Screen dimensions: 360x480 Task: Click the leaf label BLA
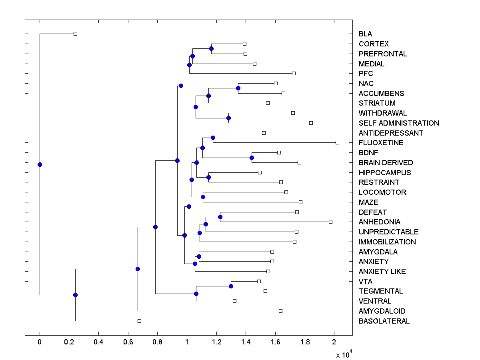(x=365, y=34)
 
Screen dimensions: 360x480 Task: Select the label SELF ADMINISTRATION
(x=399, y=123)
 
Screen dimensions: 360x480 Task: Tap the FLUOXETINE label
(x=381, y=143)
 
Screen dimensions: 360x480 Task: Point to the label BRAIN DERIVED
(x=386, y=163)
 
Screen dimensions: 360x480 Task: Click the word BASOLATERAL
(x=384, y=321)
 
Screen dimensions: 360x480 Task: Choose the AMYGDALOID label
(x=382, y=311)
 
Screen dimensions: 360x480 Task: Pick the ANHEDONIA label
(x=379, y=222)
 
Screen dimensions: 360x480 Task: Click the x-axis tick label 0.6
(x=128, y=342)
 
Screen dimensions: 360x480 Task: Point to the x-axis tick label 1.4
(x=246, y=342)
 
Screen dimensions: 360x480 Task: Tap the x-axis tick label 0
(x=40, y=342)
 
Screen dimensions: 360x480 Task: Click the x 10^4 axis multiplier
(x=343, y=354)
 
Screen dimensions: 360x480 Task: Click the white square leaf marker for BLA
(x=75, y=34)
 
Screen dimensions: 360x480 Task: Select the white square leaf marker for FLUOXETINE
(x=337, y=142)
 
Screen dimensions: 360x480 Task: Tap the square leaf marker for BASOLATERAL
(x=139, y=321)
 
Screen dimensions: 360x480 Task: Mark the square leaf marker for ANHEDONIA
(x=330, y=222)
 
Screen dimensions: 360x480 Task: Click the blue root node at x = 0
(x=40, y=164)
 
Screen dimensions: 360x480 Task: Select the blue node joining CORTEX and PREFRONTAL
(x=211, y=48)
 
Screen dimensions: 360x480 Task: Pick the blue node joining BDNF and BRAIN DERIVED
(x=252, y=158)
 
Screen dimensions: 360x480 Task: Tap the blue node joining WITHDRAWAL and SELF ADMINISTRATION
(x=228, y=118)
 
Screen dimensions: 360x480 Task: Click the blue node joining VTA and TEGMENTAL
(x=231, y=286)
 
